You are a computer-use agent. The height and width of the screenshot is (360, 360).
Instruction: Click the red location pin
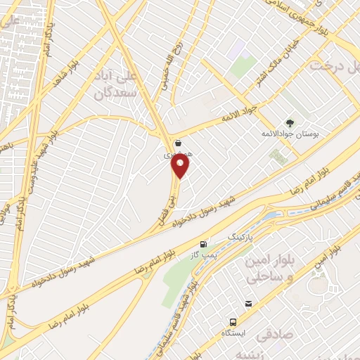click(181, 166)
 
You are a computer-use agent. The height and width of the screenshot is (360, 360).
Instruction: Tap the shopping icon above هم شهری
click(179, 143)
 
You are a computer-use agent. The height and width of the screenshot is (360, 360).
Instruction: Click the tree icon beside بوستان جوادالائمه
click(290, 123)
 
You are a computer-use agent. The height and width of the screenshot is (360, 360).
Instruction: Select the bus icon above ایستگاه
click(248, 304)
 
